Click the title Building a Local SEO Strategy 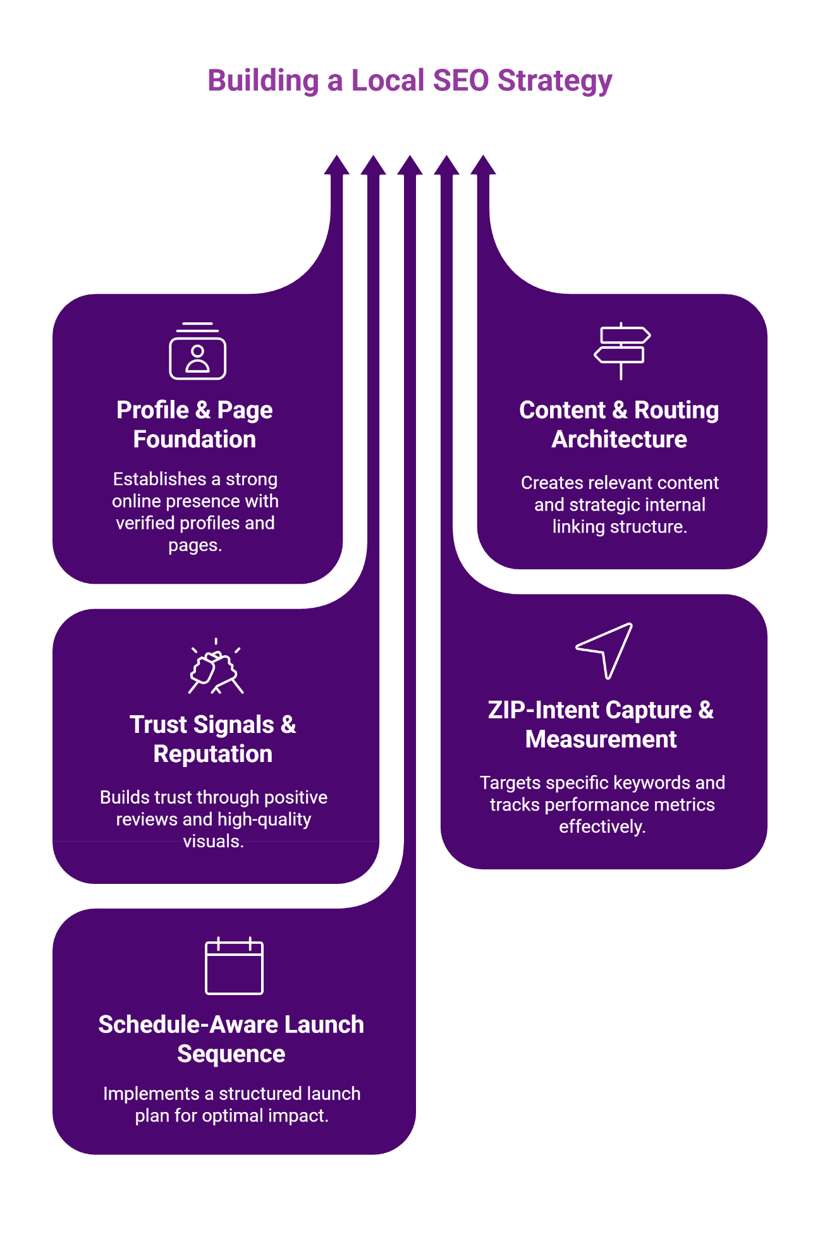(410, 81)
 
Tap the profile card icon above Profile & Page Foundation (197, 352)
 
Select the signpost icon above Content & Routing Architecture (621, 351)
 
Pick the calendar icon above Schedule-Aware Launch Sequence (234, 966)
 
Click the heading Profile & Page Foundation (195, 425)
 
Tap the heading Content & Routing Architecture (619, 425)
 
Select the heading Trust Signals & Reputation (213, 739)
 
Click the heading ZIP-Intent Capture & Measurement (601, 725)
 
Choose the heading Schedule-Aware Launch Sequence (231, 1039)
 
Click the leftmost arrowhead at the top (336, 166)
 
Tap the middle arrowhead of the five (410, 166)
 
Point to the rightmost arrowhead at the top (483, 166)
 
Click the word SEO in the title (461, 81)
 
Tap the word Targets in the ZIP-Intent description (510, 783)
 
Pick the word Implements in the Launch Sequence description (150, 1094)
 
